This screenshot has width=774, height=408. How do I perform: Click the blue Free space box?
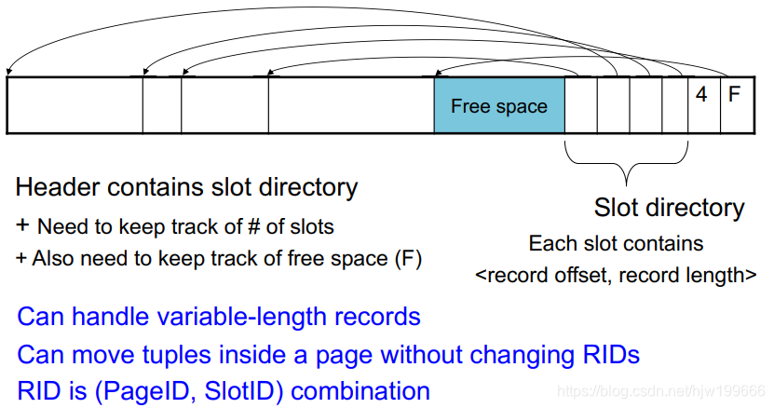498,105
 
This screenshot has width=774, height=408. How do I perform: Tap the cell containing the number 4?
701,94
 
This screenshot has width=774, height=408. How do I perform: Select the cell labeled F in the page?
734,94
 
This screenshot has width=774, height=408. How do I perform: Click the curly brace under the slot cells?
626,164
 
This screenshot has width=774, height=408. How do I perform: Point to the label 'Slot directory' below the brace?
669,208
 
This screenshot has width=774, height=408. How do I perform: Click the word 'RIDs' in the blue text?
606,355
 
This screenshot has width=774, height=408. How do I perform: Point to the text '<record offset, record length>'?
616,276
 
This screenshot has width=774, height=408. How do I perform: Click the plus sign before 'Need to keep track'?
22,226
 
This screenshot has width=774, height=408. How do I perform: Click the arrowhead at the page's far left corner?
8,73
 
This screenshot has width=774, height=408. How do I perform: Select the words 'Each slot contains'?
616,244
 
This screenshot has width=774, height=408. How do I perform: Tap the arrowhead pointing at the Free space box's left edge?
436,73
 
